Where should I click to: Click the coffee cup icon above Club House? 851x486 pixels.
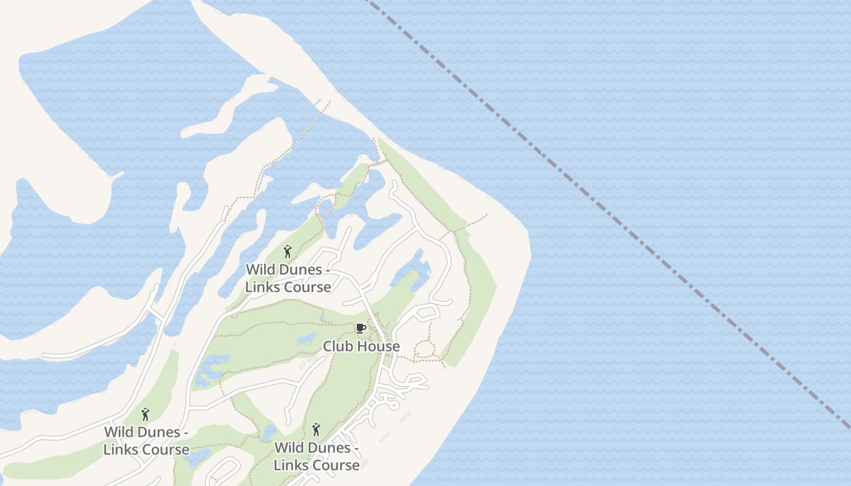[x=360, y=329]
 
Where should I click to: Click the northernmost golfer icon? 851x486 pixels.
[x=288, y=251]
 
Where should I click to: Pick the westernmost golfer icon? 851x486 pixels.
[x=145, y=414]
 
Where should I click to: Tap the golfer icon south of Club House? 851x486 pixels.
[x=316, y=430]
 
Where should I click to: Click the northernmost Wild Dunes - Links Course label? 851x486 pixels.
[x=288, y=278]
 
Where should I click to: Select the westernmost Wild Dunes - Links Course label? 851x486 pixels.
[x=146, y=440]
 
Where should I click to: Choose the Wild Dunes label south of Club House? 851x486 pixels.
[x=317, y=456]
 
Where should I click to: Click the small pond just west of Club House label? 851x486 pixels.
[x=307, y=338]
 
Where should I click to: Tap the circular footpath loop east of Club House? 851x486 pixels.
[x=424, y=350]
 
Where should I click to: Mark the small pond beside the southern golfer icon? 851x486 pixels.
[x=269, y=433]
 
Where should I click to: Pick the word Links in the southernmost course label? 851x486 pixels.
[x=291, y=465]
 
